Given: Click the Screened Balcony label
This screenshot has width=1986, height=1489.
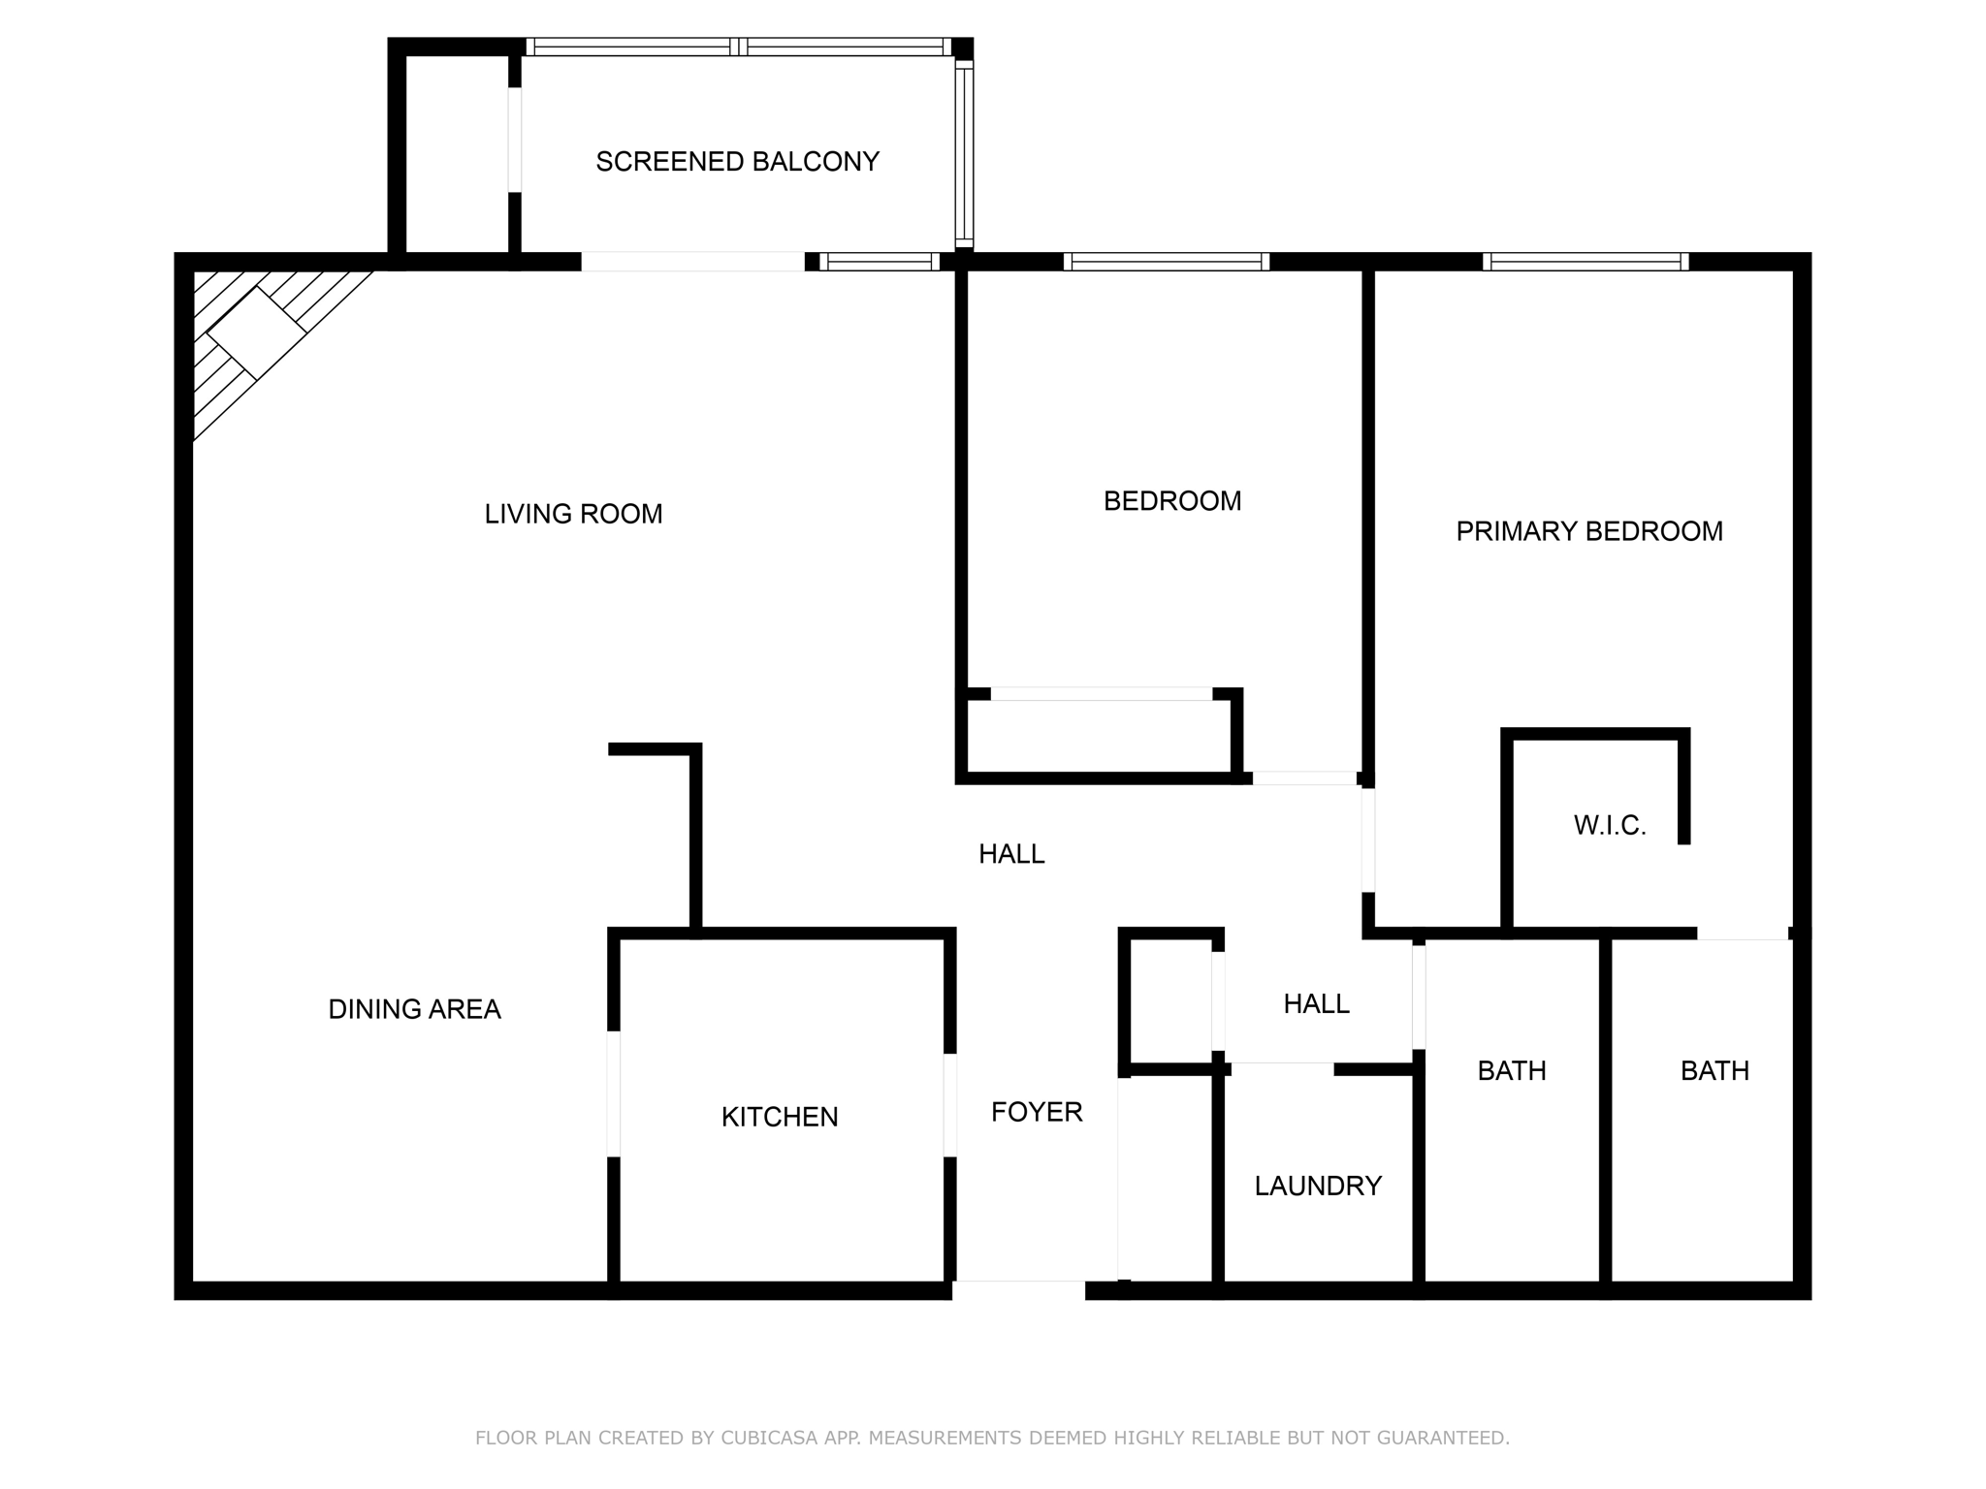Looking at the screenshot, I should point(737,161).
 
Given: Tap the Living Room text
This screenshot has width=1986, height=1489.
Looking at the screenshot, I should point(573,514).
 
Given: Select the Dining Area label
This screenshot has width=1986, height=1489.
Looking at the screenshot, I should point(414,1009).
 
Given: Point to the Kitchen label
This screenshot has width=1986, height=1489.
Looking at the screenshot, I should point(779,1117).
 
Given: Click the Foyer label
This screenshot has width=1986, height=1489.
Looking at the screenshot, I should point(1036,1112).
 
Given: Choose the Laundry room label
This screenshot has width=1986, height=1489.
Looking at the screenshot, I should point(1317,1186).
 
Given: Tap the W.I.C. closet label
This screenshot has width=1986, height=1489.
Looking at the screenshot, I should point(1610,826).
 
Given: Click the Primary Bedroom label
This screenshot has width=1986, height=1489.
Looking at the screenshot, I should point(1588,531).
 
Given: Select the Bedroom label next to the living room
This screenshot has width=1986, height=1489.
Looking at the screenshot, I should point(1171,501).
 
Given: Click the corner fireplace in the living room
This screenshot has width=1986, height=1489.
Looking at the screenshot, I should point(255,332).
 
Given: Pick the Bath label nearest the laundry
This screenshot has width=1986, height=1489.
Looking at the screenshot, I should point(1511,1071).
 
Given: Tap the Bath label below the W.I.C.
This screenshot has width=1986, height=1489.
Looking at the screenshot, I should point(1714,1071).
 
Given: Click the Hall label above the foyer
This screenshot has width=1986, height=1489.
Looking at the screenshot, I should point(1010,854).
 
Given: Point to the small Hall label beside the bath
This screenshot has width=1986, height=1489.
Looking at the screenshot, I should point(1316,1004).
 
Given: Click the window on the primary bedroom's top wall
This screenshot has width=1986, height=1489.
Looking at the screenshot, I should point(1585,262).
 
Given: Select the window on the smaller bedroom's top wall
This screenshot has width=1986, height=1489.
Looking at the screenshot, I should point(1166,262).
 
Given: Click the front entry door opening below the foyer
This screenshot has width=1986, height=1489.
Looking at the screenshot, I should point(1018,1289).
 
